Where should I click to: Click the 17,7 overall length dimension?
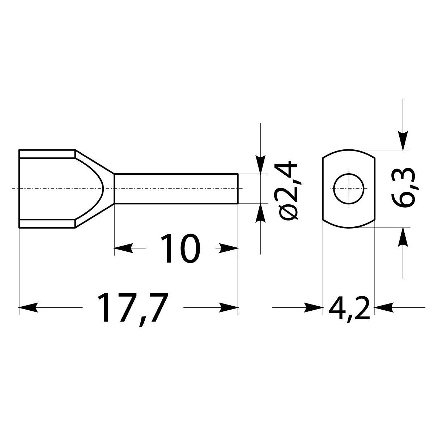[x=133, y=308]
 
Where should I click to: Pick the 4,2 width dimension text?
[x=349, y=308]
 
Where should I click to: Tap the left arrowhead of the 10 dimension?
[x=123, y=248]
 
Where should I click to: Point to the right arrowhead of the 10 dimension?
[x=229, y=248]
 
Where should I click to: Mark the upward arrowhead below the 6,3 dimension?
[x=403, y=237]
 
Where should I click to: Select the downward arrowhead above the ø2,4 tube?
[x=260, y=165]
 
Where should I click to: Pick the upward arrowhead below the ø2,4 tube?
[x=260, y=213]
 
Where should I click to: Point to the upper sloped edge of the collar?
[x=95, y=162]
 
